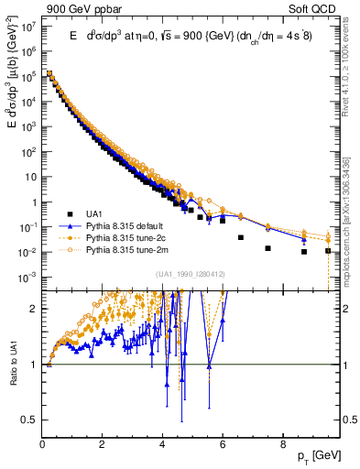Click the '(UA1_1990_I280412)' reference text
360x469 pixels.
190,274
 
